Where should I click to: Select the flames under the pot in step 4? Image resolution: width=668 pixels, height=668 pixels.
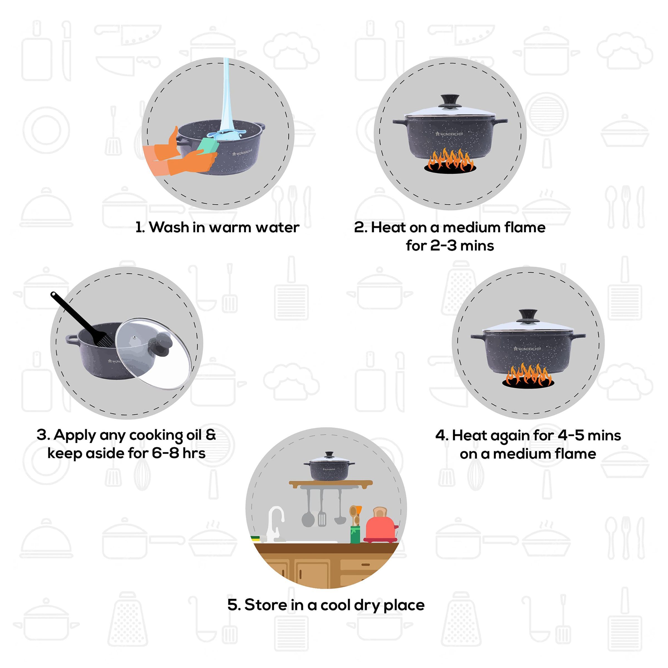pos(528,375)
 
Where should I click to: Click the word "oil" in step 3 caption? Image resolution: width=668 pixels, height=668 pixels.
pos(194,435)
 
